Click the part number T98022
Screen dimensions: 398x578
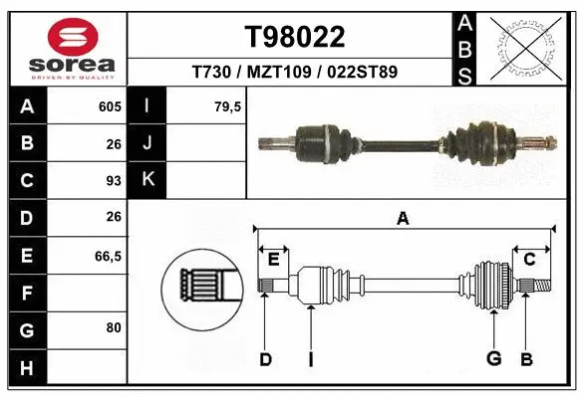[295, 37]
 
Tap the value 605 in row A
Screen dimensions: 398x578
[109, 106]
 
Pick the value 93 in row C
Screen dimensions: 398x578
[112, 181]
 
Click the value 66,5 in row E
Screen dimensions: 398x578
[108, 256]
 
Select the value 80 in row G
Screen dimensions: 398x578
[112, 326]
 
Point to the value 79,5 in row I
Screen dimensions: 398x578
[228, 106]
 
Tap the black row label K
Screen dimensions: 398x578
[147, 180]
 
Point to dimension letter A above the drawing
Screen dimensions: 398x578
[404, 218]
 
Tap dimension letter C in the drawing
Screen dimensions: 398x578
[530, 259]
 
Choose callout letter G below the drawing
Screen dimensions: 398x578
[492, 359]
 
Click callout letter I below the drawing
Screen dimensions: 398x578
[311, 359]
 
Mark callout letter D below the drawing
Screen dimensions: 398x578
[265, 359]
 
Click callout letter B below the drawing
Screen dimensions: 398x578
[527, 359]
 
